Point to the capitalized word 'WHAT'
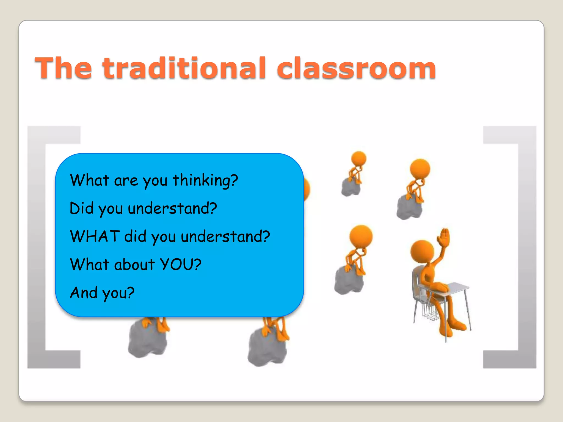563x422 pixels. coord(95,236)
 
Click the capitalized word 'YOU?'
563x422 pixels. coord(180,264)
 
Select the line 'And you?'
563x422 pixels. coord(102,293)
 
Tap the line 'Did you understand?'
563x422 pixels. coord(143,209)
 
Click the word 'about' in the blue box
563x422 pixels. coord(134,265)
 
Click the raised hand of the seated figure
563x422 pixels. coord(444,237)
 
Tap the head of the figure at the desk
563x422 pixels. coord(422,251)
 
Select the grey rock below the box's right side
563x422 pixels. coord(267,348)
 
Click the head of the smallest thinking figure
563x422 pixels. coord(359,159)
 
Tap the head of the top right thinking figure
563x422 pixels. coord(420,168)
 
